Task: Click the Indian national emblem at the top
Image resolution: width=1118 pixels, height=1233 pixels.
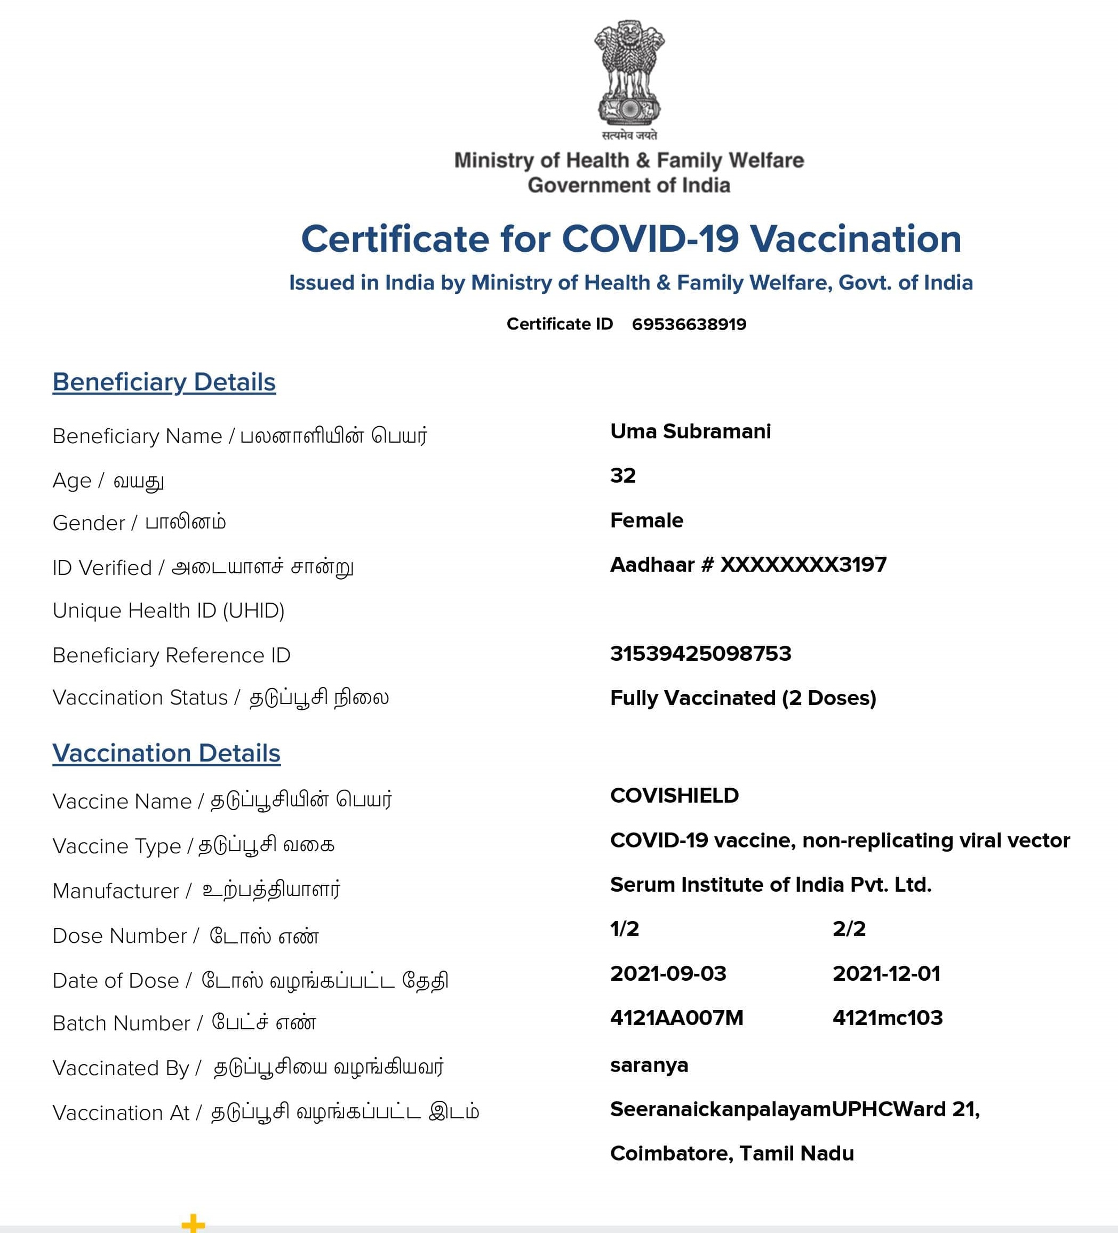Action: click(x=629, y=74)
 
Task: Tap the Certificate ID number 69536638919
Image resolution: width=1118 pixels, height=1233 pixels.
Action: click(x=689, y=324)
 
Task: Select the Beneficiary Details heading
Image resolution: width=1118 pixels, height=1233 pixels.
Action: click(x=164, y=382)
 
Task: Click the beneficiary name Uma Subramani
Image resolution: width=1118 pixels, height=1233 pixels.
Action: click(x=691, y=431)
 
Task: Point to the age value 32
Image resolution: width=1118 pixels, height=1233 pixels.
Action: click(x=622, y=475)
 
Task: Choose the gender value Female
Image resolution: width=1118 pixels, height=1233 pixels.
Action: click(x=646, y=521)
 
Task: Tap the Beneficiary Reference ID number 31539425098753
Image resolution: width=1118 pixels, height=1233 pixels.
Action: click(x=700, y=654)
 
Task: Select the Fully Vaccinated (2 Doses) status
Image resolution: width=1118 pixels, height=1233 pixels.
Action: click(x=743, y=698)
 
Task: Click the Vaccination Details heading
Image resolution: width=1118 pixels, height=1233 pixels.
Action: click(x=166, y=754)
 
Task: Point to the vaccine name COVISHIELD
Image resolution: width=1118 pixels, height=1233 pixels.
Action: click(x=674, y=796)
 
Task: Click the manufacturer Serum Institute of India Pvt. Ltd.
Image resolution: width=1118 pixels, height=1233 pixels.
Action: click(x=771, y=885)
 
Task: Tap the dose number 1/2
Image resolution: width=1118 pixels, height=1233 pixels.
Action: click(x=625, y=929)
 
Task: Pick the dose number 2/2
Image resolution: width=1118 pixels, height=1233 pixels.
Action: click(x=849, y=929)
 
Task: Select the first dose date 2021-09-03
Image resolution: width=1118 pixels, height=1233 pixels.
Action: click(x=668, y=974)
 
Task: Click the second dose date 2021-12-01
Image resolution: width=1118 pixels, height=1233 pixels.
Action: click(x=886, y=974)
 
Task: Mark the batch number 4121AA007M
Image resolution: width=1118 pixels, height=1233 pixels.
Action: click(x=676, y=1018)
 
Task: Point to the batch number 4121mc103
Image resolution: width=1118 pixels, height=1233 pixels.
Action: click(x=888, y=1018)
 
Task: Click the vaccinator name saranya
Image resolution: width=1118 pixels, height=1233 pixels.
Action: click(x=649, y=1065)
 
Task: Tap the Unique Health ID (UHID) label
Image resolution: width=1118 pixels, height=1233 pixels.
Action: click(x=168, y=611)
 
